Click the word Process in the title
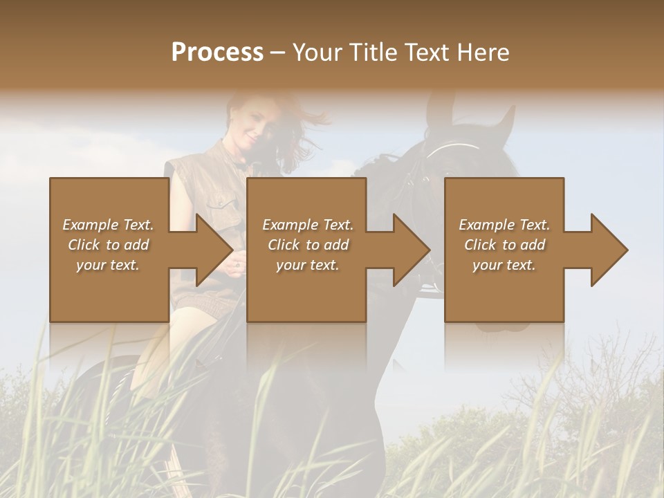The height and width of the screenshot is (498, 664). click(217, 53)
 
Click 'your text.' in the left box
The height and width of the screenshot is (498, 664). click(108, 265)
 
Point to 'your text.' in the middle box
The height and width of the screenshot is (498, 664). click(307, 265)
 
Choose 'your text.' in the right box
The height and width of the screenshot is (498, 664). click(504, 265)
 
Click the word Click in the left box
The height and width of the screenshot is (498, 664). click(84, 245)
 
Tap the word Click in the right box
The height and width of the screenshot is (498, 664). click(481, 245)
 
